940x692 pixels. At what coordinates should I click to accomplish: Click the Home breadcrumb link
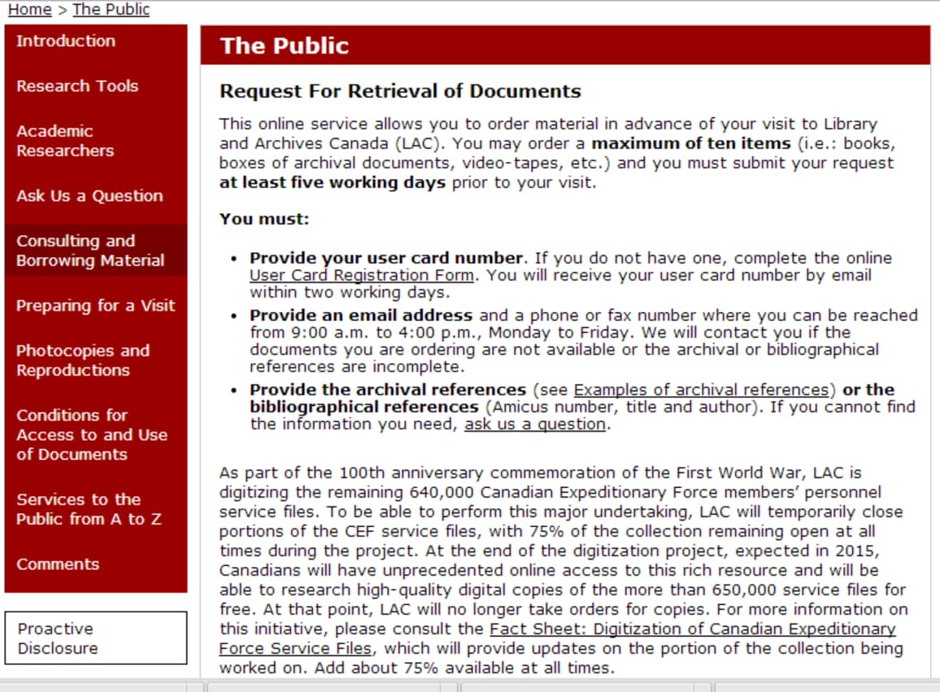click(29, 10)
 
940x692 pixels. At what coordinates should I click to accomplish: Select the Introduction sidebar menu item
click(66, 41)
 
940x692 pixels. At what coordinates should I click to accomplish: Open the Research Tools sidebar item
click(77, 86)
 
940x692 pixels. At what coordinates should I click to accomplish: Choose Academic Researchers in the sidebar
click(65, 141)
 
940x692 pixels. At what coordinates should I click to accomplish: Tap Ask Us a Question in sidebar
click(89, 196)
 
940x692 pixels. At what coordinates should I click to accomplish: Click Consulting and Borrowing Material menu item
click(90, 250)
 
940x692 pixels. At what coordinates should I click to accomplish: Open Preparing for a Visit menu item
click(95, 306)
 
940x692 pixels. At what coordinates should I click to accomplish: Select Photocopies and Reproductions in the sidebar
click(83, 360)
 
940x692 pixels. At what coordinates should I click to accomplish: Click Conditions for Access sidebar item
click(91, 435)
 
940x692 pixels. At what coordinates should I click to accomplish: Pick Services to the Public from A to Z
click(89, 509)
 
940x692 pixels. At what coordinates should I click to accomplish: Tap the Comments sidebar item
click(58, 564)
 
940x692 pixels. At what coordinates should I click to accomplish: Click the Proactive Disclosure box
click(96, 638)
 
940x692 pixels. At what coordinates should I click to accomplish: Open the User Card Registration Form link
click(362, 276)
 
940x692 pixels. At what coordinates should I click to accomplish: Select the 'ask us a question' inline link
click(534, 424)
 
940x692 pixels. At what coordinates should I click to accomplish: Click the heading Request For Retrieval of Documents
click(400, 91)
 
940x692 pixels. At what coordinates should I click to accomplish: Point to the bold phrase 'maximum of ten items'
click(690, 144)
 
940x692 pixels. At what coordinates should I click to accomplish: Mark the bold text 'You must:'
click(264, 220)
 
